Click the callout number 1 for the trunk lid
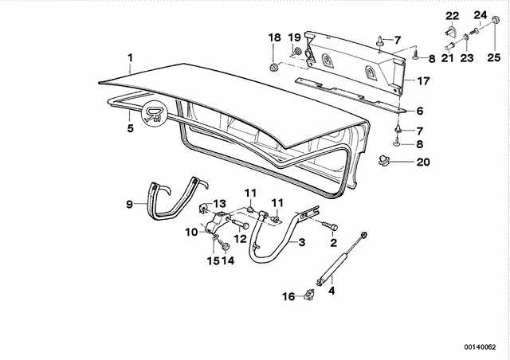pos(130,58)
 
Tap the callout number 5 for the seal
pos(130,128)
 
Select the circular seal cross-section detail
pos(154,113)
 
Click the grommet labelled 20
pos(384,160)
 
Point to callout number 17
pos(423,80)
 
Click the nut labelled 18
pos(273,68)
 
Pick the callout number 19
pos(295,37)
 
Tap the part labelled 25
pos(495,20)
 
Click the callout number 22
pos(452,16)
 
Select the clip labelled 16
pos(309,295)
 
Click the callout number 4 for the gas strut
pos(331,291)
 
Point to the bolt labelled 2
pos(329,225)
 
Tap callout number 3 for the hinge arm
pos(301,242)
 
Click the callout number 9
pos(129,204)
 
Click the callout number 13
pos(220,204)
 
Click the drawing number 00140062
pos(480,347)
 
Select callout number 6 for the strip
pos(420,111)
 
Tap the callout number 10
pos(191,233)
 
